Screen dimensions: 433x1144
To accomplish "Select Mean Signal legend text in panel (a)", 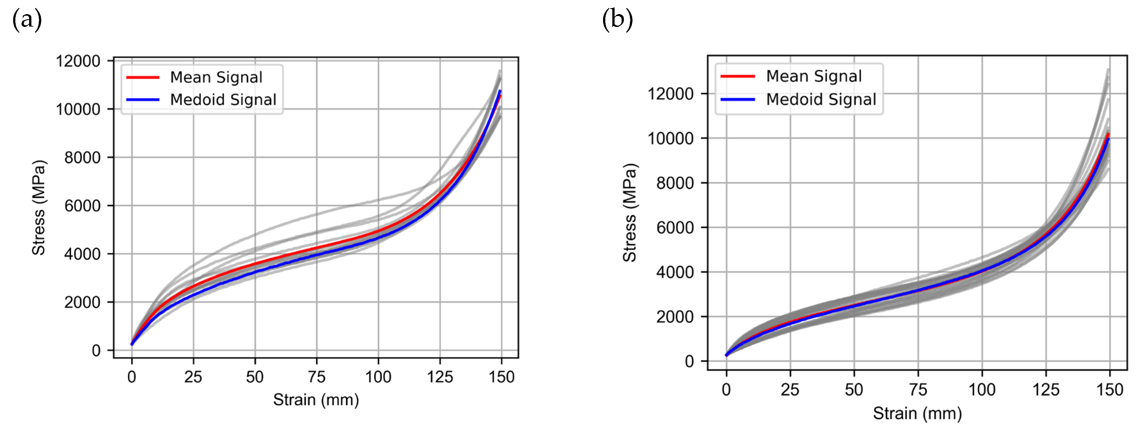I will click(x=216, y=77).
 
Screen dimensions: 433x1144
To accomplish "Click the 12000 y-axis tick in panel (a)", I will click(x=78, y=61).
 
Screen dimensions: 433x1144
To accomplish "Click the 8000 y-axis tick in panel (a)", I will click(x=82, y=158).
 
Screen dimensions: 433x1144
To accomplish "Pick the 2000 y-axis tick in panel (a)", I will click(x=82, y=302).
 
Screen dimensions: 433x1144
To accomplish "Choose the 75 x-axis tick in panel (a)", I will click(x=317, y=377).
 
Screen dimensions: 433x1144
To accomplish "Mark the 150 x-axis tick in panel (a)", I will click(x=501, y=377).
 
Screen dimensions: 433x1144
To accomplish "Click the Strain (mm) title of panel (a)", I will click(x=316, y=400).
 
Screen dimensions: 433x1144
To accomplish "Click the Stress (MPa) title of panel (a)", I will click(x=39, y=207).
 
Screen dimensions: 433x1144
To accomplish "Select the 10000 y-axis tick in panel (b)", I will click(x=670, y=138).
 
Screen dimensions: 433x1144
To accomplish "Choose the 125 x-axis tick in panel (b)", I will click(x=1045, y=390).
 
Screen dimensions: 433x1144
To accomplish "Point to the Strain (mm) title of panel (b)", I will click(x=917, y=413).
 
